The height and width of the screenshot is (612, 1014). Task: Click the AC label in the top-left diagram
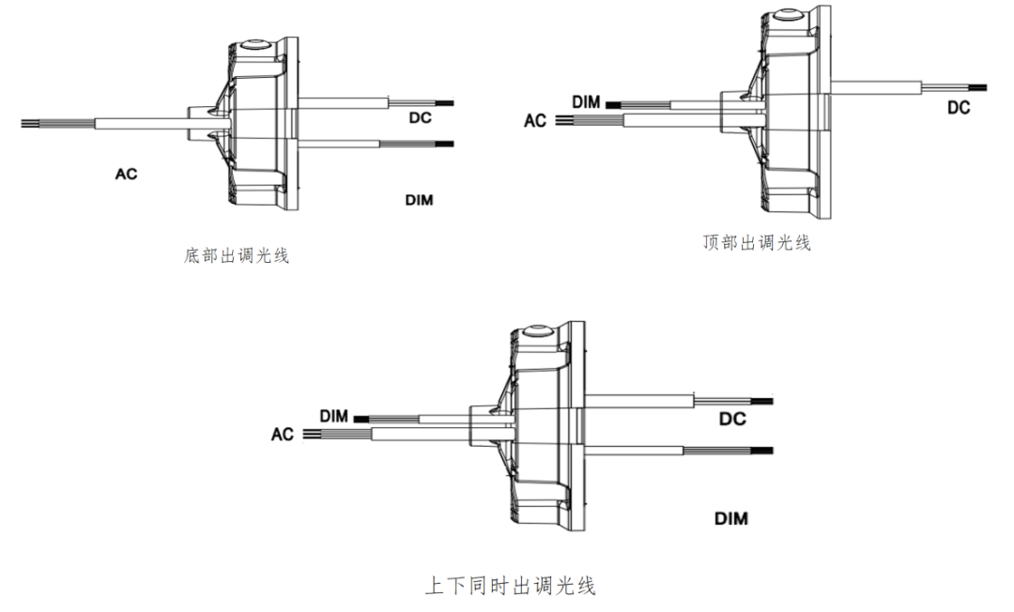pos(126,174)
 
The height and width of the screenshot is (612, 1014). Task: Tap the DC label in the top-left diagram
pos(420,117)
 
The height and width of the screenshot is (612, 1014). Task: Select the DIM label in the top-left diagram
pos(419,200)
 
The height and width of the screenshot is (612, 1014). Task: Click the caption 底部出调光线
pos(236,254)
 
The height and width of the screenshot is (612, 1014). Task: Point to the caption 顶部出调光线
pos(756,243)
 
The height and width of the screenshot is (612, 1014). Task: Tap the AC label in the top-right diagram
pos(535,120)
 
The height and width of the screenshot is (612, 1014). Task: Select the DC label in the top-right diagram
pos(958,108)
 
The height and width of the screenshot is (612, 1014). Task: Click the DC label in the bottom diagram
pos(732,419)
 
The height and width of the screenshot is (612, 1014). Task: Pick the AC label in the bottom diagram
pos(282,435)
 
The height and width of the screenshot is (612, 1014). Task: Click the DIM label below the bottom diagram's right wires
pos(731,518)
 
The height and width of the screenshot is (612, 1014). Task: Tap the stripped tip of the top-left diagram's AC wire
pos(32,122)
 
